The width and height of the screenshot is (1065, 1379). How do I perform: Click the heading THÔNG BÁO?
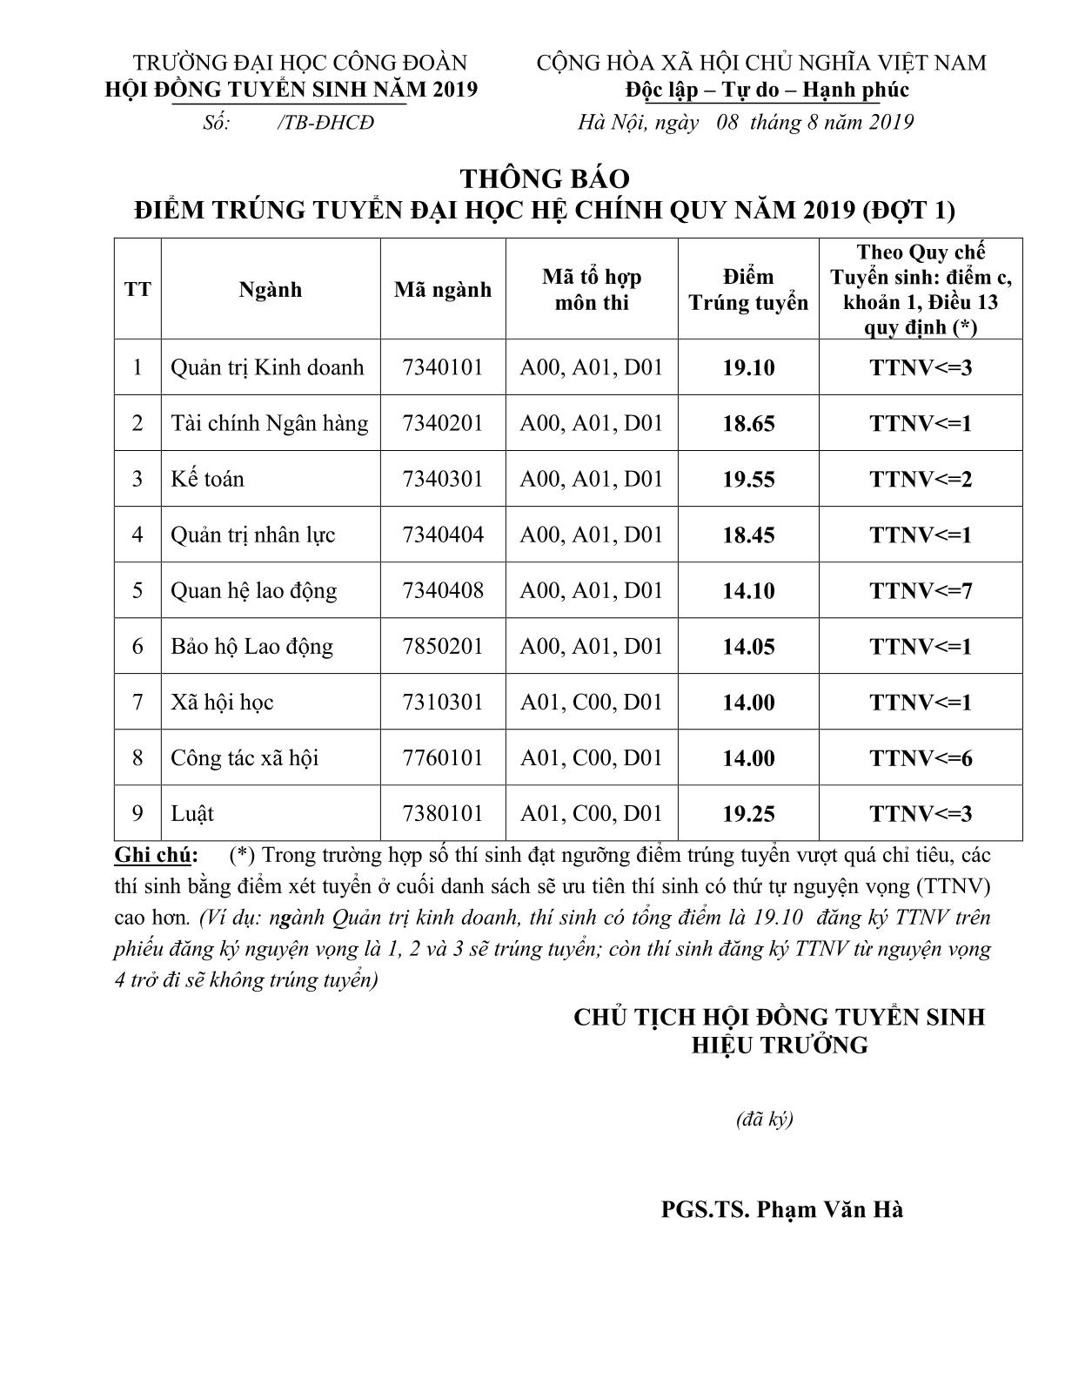(545, 178)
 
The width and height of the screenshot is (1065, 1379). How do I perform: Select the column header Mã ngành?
(443, 290)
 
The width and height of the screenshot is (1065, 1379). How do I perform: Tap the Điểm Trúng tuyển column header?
(748, 290)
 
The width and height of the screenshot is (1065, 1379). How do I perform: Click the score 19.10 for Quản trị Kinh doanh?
(748, 367)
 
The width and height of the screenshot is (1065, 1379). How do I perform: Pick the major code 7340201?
(443, 423)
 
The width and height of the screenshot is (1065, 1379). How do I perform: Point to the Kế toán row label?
(207, 479)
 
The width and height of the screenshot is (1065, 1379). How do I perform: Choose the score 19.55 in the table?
(748, 479)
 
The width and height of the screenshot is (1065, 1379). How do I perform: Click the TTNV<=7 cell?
(921, 590)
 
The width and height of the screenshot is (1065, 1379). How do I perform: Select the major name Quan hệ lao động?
(253, 590)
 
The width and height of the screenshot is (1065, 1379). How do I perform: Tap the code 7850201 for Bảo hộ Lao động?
(443, 646)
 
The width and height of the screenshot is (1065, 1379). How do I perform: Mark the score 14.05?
(748, 646)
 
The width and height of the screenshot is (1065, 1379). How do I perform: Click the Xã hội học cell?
(222, 702)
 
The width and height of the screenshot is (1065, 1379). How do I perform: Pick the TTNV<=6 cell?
(921, 757)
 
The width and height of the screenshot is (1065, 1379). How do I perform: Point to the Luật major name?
(192, 813)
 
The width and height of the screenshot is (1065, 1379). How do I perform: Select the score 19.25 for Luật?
(748, 813)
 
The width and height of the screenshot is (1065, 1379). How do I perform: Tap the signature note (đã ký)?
(764, 1119)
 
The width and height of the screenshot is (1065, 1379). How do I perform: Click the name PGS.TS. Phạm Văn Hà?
(781, 1209)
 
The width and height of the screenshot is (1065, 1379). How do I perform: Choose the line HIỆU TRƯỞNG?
(780, 1045)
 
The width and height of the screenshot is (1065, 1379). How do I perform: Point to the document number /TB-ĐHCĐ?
(325, 123)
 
